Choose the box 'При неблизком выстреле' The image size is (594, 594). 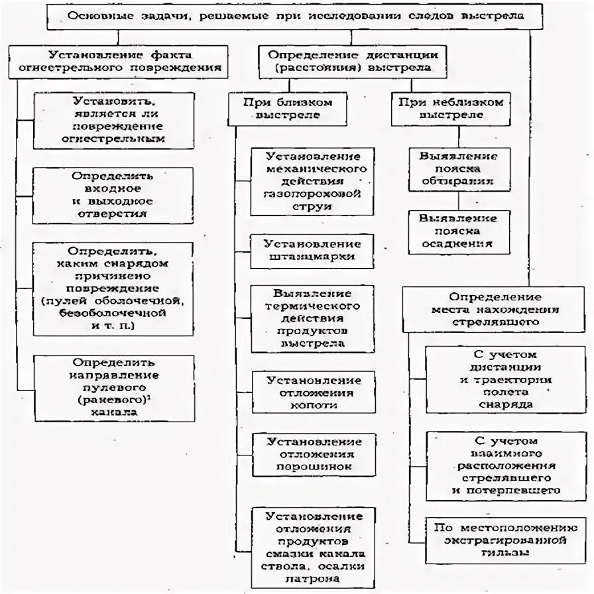click(x=451, y=109)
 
